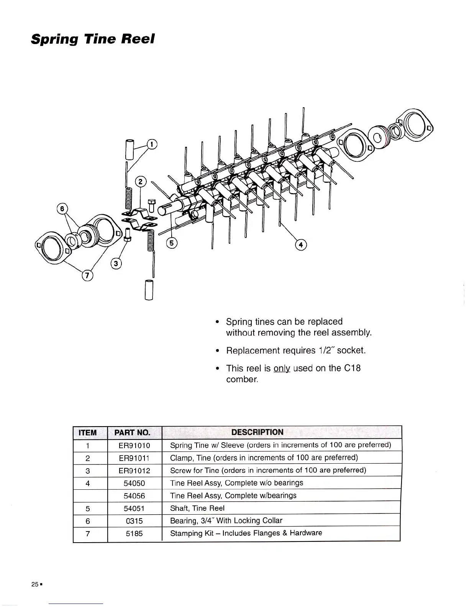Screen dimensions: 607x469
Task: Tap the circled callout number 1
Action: click(152, 144)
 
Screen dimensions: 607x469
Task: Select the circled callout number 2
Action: click(141, 182)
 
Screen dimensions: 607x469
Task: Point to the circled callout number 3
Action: click(116, 263)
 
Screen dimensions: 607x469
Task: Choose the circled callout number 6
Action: click(61, 209)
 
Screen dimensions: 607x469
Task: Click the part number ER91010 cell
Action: click(134, 445)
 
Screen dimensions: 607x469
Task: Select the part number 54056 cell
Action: click(134, 496)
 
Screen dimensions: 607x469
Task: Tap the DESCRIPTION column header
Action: click(257, 432)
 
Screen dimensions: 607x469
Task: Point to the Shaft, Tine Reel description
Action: click(197, 509)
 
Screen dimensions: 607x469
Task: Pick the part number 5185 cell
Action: click(134, 533)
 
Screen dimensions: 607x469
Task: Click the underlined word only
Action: click(282, 369)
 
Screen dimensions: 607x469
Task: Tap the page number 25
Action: click(35, 584)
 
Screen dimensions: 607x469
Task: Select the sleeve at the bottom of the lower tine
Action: click(149, 290)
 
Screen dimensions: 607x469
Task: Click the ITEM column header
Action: click(87, 433)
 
